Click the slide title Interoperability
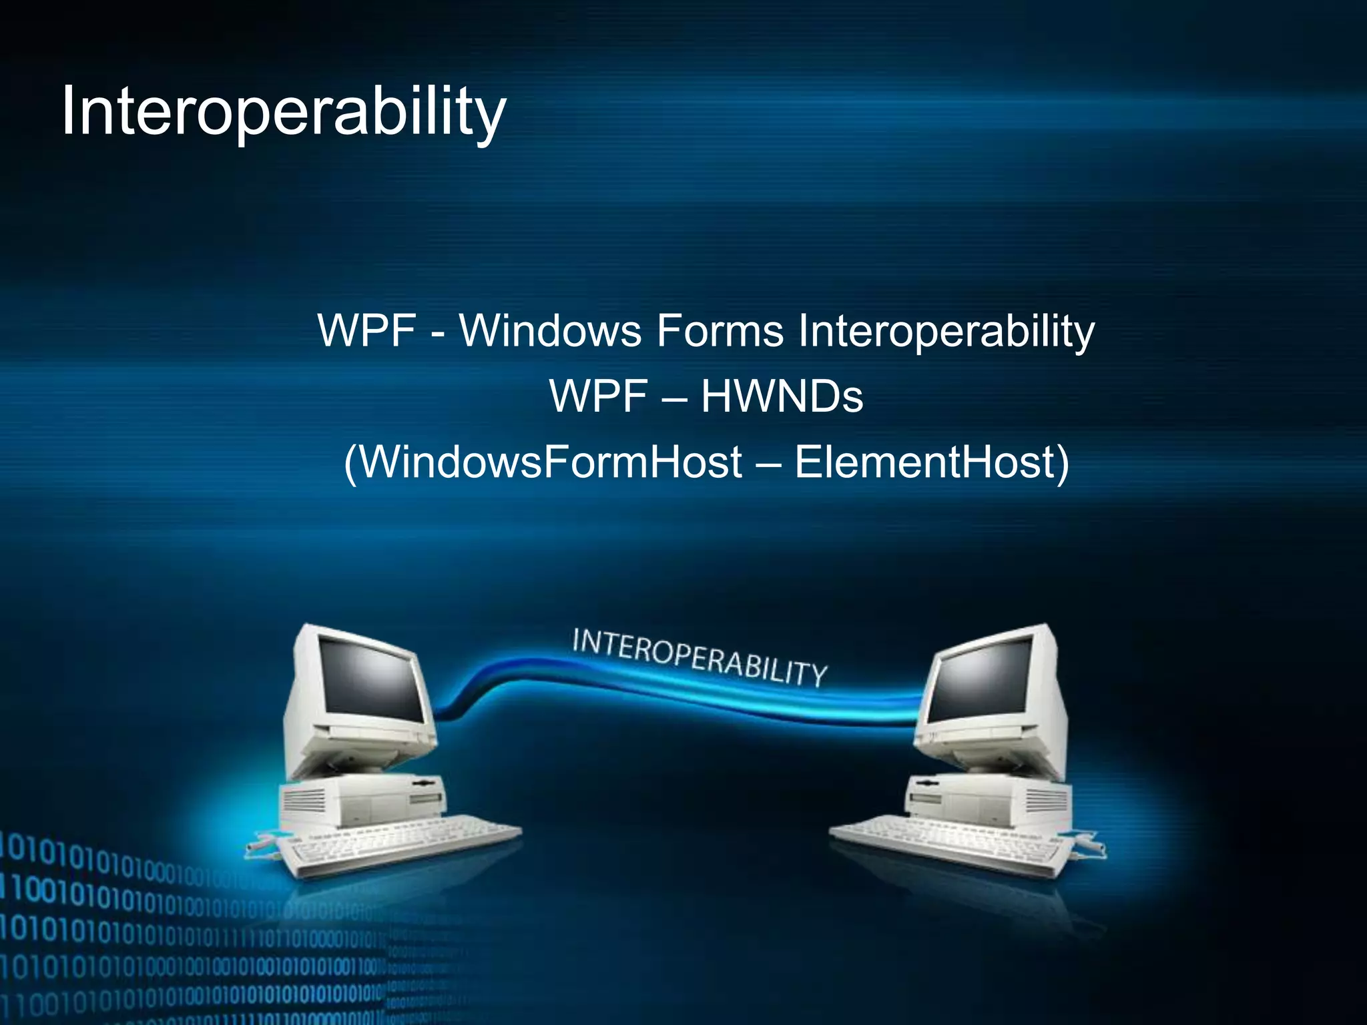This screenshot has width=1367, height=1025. (x=284, y=111)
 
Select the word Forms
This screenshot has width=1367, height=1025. (x=720, y=330)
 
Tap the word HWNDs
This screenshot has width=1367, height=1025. (x=782, y=396)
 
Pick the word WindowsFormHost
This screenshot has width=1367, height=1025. (x=543, y=462)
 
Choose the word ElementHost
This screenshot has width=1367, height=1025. (x=932, y=462)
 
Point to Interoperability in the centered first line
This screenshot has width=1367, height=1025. (x=946, y=332)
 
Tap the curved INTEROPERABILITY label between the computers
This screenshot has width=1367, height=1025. (x=700, y=657)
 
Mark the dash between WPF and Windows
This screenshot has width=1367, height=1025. (x=438, y=332)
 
